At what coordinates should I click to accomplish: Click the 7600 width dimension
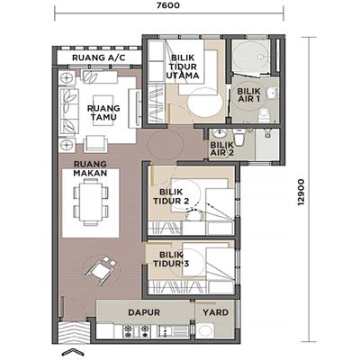tap(168, 5)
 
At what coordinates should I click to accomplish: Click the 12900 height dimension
tap(301, 193)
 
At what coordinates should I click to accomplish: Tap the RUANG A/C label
tap(99, 58)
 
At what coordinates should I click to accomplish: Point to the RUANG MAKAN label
tap(90, 168)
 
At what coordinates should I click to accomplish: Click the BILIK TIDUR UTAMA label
tap(183, 67)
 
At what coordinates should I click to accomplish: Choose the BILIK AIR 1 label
tap(248, 94)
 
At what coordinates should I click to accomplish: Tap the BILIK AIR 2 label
tap(221, 148)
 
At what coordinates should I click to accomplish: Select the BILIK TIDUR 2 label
tap(171, 196)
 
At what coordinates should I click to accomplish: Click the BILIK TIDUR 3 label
tap(171, 259)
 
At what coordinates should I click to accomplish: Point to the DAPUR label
tap(144, 312)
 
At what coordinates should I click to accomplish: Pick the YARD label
tap(215, 312)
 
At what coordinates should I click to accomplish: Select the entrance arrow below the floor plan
tap(72, 353)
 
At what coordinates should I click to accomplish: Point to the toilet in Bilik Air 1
tap(265, 115)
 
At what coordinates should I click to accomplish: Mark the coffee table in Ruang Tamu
tap(103, 105)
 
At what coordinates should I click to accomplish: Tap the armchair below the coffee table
tap(95, 144)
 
